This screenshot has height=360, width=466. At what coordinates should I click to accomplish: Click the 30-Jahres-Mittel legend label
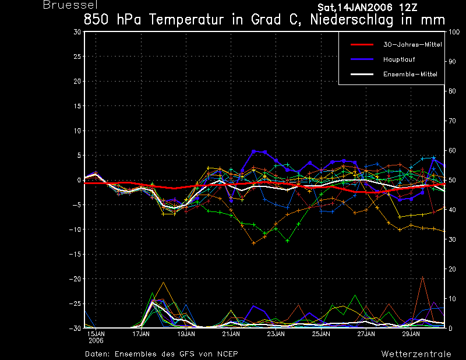(x=412, y=45)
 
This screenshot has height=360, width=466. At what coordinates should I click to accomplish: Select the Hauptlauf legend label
(x=399, y=59)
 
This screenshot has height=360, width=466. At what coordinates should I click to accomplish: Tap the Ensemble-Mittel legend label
(x=410, y=74)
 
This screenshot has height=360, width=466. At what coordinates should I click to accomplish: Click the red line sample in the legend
(x=362, y=45)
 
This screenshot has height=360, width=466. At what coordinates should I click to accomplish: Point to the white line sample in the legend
(x=362, y=74)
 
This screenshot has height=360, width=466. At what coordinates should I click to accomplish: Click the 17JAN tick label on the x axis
(x=141, y=334)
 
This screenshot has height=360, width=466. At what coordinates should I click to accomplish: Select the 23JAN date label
(x=276, y=334)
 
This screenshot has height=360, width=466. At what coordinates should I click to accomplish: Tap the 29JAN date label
(x=411, y=334)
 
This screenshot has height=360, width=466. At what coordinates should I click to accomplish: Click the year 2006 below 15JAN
(x=96, y=341)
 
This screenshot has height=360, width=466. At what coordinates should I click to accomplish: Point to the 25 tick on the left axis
(x=77, y=57)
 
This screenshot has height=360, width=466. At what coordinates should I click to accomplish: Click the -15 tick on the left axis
(x=75, y=254)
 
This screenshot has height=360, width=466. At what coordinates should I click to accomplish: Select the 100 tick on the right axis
(x=454, y=32)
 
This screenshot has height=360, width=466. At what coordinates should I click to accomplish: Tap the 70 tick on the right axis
(x=452, y=121)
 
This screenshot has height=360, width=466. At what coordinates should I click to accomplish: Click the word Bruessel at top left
(x=70, y=5)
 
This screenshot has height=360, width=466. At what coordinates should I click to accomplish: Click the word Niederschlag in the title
(x=351, y=20)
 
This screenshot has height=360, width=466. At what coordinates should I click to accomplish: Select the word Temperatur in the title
(x=186, y=20)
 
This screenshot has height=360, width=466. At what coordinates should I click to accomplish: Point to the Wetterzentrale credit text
(x=416, y=354)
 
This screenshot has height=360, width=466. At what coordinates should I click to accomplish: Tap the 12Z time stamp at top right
(x=407, y=8)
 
